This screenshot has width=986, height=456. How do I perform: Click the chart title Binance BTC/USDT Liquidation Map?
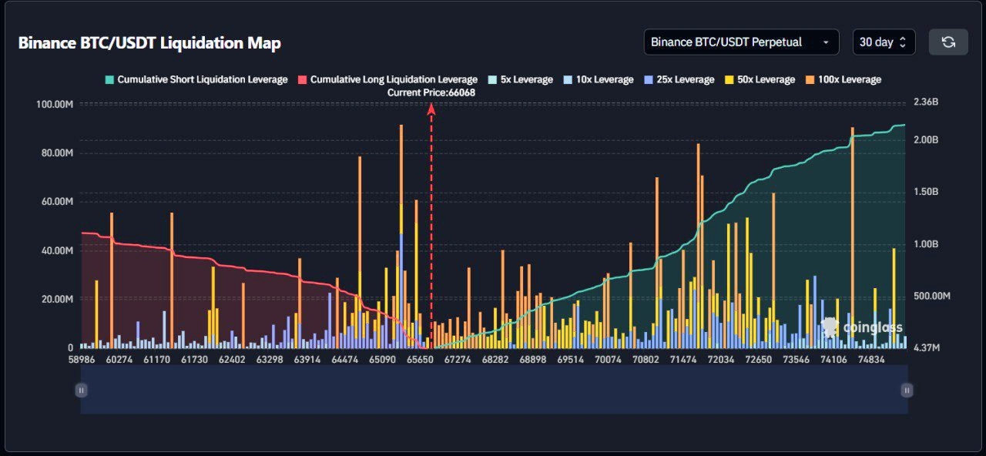coord(149,43)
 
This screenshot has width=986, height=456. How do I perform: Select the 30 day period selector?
coord(884,42)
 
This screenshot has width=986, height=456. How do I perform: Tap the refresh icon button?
coord(948,42)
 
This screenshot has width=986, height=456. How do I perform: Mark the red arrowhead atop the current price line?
coord(431,109)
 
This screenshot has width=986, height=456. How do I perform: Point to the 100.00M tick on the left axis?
coord(55,104)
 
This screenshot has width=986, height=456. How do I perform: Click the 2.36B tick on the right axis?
coord(926,102)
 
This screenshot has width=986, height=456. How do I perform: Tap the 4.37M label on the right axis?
coord(927,348)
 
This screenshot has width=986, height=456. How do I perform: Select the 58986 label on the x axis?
coord(82,360)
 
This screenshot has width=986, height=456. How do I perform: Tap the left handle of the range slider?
coord(81,391)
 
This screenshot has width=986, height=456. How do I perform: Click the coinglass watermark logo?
coord(862,327)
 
